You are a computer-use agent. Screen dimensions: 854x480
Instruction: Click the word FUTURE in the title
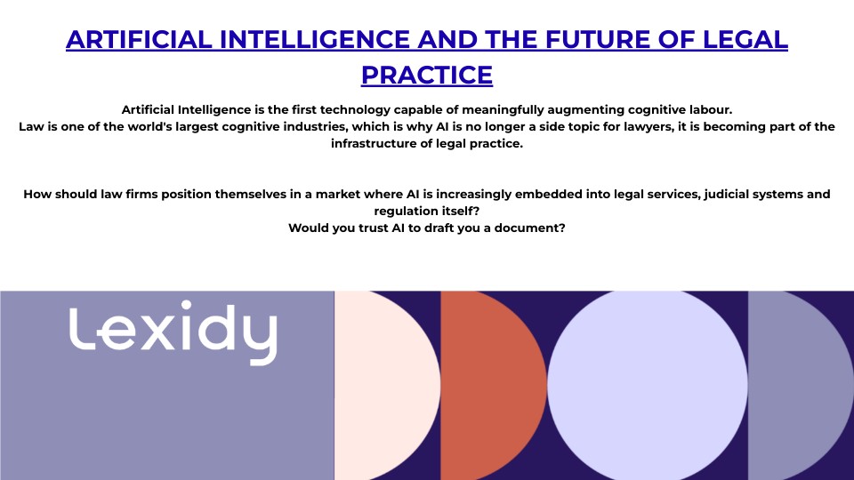[x=597, y=40]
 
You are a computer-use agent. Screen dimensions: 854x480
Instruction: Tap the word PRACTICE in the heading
[x=427, y=75]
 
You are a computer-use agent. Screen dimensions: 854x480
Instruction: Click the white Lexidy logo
[x=173, y=332]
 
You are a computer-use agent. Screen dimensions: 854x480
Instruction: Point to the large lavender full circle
[x=648, y=385]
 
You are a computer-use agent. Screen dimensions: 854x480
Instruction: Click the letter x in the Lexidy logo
[x=160, y=333]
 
